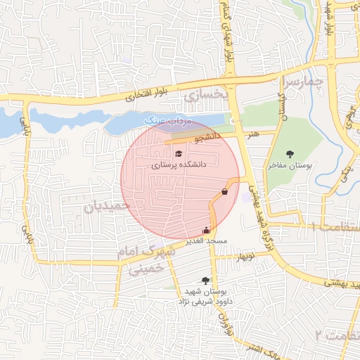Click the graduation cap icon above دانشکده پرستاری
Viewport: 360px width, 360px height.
point(179,153)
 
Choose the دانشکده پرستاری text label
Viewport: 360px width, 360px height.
point(179,165)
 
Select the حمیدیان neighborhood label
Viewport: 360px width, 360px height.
point(108,207)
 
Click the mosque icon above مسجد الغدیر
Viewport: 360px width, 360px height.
point(206,229)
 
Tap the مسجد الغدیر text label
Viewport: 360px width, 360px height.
point(205,241)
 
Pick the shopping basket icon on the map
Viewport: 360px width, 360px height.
point(224,191)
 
